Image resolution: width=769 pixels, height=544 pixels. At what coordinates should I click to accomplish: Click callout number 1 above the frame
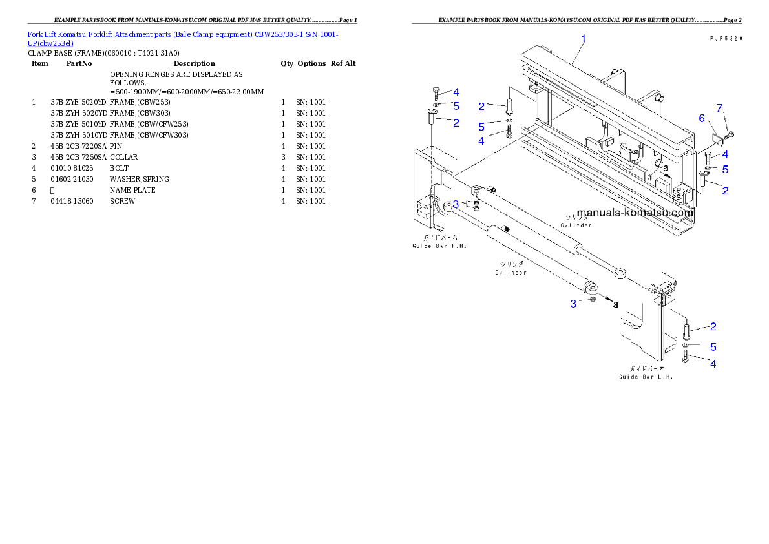tap(583, 39)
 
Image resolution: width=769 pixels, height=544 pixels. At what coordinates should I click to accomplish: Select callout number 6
tap(702, 118)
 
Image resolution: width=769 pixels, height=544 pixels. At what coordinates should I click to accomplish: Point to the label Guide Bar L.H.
tap(646, 377)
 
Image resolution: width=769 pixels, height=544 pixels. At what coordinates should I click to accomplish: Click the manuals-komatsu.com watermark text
tap(635, 213)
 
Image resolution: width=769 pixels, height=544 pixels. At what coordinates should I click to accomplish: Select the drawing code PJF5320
tap(724, 39)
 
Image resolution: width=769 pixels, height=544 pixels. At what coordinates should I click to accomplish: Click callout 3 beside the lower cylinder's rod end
tap(573, 304)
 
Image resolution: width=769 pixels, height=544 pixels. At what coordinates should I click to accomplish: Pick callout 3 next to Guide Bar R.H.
tap(456, 204)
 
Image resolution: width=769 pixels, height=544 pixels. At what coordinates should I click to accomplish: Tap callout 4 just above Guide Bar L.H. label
tap(713, 364)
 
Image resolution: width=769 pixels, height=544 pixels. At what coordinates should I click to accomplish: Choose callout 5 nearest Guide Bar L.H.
tap(713, 347)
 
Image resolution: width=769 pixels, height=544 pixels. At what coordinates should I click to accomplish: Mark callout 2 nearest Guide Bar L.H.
tap(713, 327)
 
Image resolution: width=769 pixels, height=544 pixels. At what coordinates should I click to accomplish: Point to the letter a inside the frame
tap(666, 168)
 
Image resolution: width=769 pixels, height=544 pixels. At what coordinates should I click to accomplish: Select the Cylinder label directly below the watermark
tap(576, 225)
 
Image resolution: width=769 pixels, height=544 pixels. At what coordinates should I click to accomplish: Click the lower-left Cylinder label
tap(511, 272)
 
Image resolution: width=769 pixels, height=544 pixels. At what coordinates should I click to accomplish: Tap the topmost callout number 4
tap(456, 92)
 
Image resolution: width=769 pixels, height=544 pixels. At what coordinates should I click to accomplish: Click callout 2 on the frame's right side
tap(725, 191)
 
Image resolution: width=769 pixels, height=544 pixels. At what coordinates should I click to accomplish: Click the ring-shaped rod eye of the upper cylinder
tap(620, 275)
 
